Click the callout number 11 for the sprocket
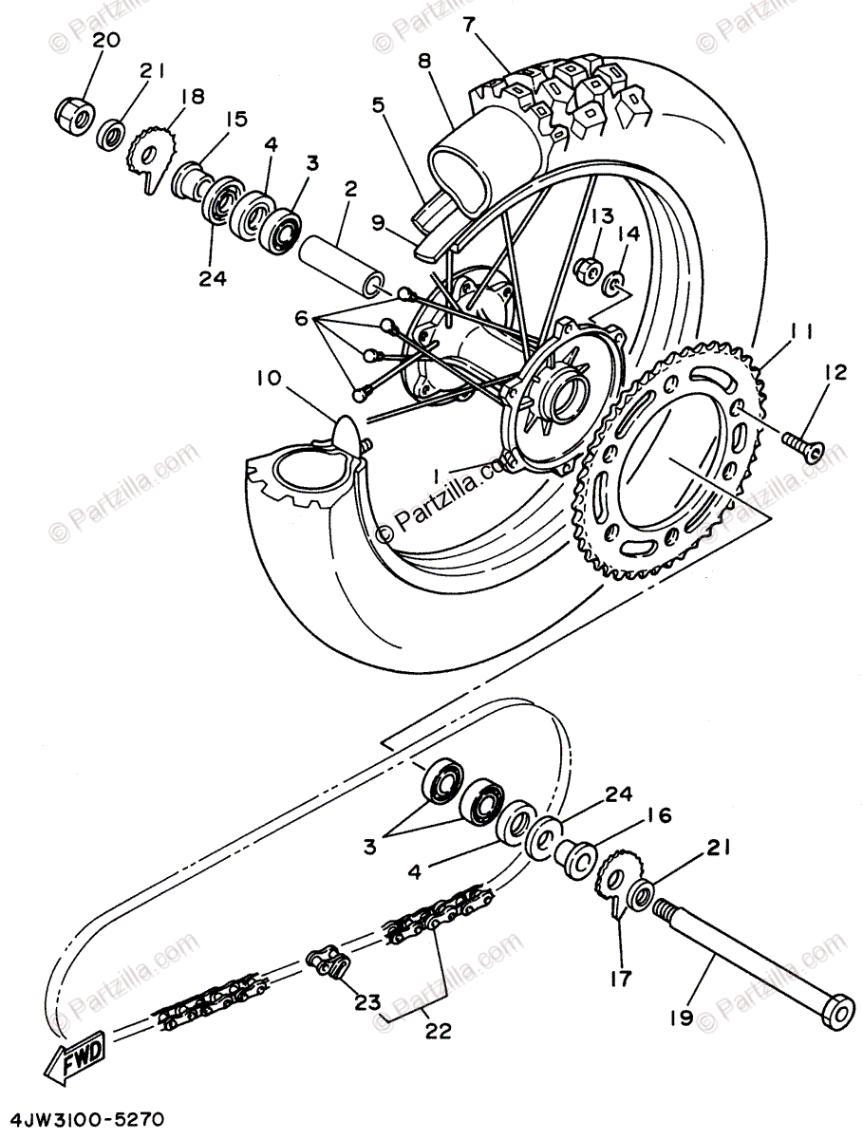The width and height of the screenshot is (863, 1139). click(800, 332)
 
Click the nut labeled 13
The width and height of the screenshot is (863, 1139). click(587, 271)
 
